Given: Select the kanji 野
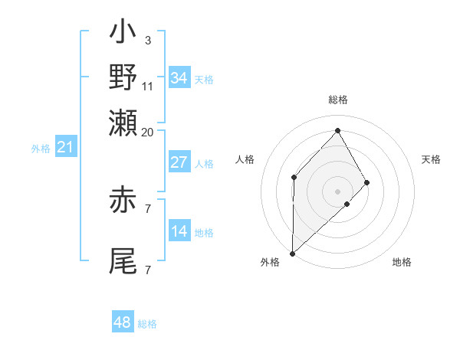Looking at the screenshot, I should coord(123,78).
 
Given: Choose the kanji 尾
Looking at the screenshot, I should coord(123,260).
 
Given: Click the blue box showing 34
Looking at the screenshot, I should coord(179,78).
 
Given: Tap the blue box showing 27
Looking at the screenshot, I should coord(179,162).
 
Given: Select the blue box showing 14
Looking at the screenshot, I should coord(179,231).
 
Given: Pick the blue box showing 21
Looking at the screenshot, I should coord(64,147).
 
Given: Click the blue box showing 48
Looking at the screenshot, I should coord(123,322).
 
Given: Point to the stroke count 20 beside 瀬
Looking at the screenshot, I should coord(147,132).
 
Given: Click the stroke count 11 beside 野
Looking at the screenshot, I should coord(148,86).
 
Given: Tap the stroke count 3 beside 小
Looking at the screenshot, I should coord(147,41).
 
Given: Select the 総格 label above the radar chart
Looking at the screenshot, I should coord(337,100).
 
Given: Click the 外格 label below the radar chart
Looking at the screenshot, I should coord(270,262).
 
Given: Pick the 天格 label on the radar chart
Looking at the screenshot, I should coord(432,159).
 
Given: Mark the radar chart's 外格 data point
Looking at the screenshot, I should coord(292,253).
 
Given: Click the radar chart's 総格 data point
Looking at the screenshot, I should coord(337,131).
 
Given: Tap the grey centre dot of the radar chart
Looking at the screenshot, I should coord(337,191).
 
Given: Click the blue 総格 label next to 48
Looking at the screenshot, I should coord(147,324).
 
